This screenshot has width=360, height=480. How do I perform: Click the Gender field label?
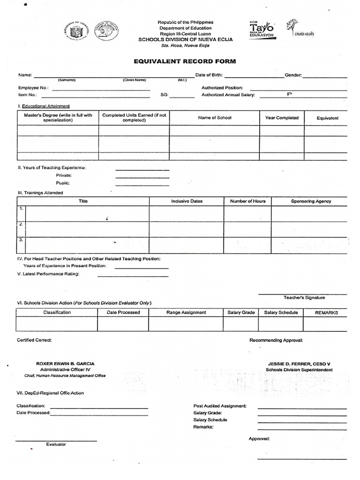[x=293, y=75]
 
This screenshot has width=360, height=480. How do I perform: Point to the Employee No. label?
[x=33, y=88]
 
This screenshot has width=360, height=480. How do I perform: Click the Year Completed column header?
[x=282, y=118]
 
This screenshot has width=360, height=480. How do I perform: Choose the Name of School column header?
[x=215, y=118]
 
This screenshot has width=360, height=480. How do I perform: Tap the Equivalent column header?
[x=327, y=119]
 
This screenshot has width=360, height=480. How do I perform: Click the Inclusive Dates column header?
[x=187, y=201]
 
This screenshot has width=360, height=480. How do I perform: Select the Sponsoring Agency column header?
[x=311, y=201]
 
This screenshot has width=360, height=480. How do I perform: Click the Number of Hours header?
[x=247, y=201]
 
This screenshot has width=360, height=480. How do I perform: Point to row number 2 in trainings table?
[x=21, y=225]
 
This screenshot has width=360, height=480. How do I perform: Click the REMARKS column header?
[x=326, y=313]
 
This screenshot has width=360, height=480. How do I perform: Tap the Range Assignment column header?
[x=186, y=313]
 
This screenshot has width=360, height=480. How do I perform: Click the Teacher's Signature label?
[x=304, y=298]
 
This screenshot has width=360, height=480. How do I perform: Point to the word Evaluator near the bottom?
[x=56, y=444]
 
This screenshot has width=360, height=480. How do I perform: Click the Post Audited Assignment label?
[x=220, y=406]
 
